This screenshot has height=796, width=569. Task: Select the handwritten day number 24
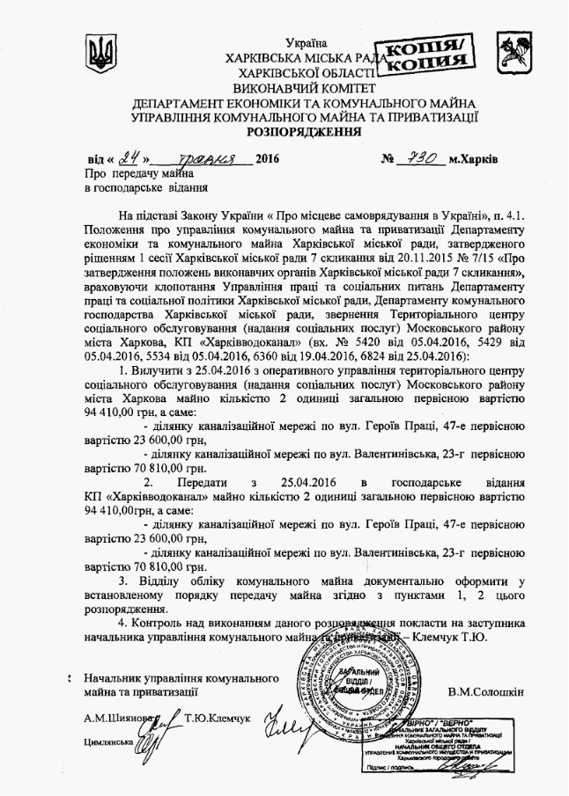tap(133, 160)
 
